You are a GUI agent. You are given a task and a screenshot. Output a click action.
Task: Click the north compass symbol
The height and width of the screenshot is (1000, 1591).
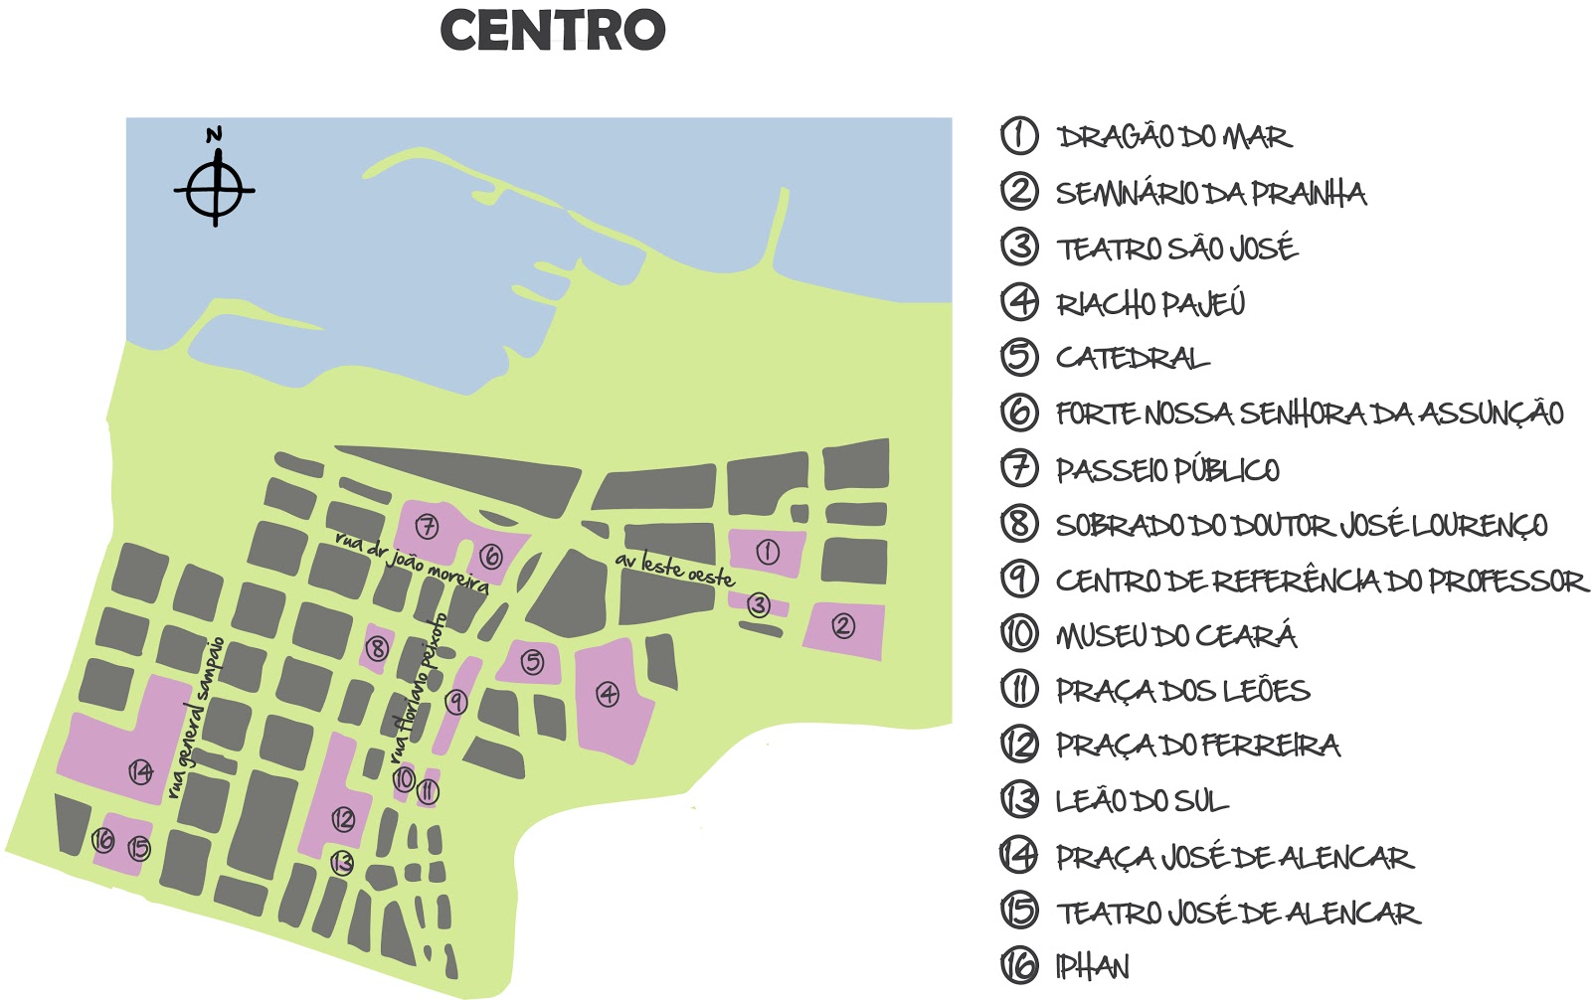[x=215, y=188]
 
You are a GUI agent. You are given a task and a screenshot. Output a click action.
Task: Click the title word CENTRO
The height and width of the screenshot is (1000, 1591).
[x=553, y=30]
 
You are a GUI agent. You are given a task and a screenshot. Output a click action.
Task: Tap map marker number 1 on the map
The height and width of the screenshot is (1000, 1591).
[x=768, y=552]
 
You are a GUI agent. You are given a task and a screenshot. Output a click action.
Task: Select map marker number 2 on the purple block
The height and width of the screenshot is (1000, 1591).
[x=842, y=625]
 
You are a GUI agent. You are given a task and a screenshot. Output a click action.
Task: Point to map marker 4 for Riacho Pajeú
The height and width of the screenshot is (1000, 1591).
[x=607, y=694]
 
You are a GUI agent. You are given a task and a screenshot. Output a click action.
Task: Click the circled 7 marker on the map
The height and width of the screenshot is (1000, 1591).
[x=427, y=526]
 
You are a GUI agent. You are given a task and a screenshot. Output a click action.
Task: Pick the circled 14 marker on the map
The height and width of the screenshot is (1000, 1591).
[x=141, y=770]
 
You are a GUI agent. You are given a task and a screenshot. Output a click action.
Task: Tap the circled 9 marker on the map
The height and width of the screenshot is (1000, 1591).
[x=455, y=702]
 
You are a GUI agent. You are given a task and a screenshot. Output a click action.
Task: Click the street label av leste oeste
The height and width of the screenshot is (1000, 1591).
[x=674, y=569]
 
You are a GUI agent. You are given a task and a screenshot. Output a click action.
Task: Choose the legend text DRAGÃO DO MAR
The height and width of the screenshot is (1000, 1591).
[x=1173, y=136]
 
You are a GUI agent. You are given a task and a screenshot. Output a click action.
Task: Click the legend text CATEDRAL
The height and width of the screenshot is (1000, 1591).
[x=1133, y=358]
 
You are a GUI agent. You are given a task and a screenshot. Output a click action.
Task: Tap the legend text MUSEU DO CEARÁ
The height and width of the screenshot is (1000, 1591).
[x=1176, y=635]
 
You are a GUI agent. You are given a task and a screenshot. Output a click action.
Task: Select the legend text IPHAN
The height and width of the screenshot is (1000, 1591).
[x=1092, y=967]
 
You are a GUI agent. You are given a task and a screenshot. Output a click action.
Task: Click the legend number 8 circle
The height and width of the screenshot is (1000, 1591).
[x=1019, y=523]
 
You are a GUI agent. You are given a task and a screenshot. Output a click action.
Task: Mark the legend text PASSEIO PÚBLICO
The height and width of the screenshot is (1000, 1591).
[x=1167, y=469]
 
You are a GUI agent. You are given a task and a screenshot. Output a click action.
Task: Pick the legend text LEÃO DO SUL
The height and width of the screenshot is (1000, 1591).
[x=1142, y=801]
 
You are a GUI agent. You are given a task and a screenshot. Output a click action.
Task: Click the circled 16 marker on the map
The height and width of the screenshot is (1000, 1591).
[x=103, y=841]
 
